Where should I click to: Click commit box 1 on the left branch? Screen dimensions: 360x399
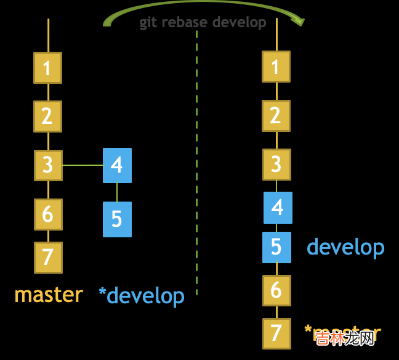click(47, 67)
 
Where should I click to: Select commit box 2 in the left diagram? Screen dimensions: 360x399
click(47, 116)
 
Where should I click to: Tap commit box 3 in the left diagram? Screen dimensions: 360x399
click(47, 165)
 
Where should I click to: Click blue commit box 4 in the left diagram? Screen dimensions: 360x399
click(117, 165)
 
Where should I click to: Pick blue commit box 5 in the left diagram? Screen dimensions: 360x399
click(117, 219)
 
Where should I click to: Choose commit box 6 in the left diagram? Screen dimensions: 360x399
click(47, 214)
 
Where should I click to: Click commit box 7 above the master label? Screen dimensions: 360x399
click(47, 257)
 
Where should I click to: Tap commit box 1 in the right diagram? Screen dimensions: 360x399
click(276, 66)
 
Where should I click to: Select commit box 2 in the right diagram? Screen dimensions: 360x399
click(276, 115)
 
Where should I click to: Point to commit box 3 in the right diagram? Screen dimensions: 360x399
click(276, 164)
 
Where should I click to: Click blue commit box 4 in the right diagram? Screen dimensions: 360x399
click(278, 207)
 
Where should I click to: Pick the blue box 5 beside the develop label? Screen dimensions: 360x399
click(276, 247)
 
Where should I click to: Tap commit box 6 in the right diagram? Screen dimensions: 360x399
click(276, 290)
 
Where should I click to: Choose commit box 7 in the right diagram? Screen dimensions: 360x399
click(276, 333)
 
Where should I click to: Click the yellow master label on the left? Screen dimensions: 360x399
click(49, 295)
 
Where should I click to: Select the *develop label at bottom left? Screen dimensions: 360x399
click(142, 296)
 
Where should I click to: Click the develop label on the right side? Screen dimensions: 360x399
click(345, 247)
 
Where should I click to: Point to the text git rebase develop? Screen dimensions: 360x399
click(203, 23)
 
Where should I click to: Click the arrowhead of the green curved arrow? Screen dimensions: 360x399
click(299, 20)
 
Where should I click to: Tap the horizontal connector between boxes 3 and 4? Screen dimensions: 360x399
click(83, 165)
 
